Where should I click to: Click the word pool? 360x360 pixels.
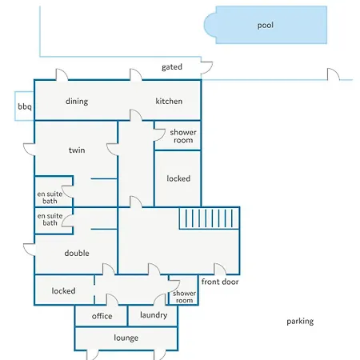point(266,26)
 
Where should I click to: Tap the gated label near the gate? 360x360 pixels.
point(172,67)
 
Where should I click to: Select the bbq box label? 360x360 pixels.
point(25,106)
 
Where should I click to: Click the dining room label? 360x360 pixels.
point(77,102)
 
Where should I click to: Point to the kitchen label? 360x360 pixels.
point(169,101)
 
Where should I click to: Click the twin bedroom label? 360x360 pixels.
point(77,150)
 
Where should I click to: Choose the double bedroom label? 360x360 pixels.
point(77,253)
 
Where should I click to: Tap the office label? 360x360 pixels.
point(102,316)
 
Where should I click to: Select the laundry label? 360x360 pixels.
point(154,315)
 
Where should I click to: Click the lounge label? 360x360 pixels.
point(126,338)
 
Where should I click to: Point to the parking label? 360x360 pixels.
point(300,322)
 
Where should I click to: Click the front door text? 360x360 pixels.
point(220,282)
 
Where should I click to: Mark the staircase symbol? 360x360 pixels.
point(210,218)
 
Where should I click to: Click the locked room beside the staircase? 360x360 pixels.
point(178,178)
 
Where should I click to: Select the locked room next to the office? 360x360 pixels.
point(63,290)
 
